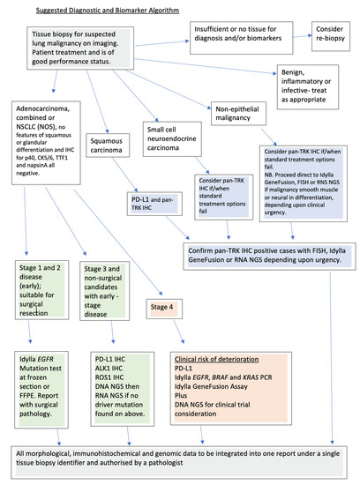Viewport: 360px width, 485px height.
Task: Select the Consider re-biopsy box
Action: click(330, 38)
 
